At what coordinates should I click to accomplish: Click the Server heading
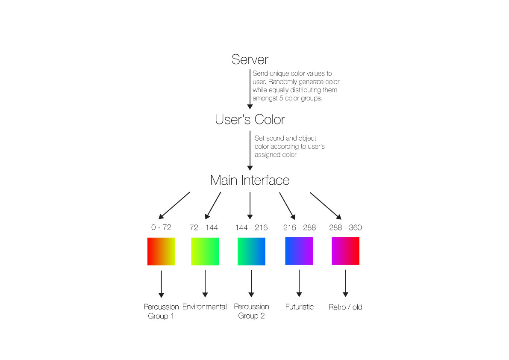click(x=250, y=59)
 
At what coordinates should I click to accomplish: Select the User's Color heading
click(x=250, y=119)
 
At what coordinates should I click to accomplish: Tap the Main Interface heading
click(x=250, y=180)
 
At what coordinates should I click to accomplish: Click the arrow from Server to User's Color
click(x=250, y=89)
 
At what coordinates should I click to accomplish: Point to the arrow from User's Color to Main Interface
click(x=250, y=150)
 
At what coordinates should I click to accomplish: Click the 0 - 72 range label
click(x=162, y=227)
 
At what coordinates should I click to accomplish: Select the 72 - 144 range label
click(x=204, y=227)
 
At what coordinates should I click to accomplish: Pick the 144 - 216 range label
click(x=251, y=227)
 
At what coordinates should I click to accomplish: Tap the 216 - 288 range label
click(x=299, y=227)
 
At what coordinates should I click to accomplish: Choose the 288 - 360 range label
click(x=345, y=227)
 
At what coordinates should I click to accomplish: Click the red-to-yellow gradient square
click(x=162, y=251)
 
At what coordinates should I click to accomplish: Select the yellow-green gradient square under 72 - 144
click(x=205, y=251)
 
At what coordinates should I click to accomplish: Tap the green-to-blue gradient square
click(x=251, y=251)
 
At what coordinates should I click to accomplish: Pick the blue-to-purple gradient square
click(x=299, y=251)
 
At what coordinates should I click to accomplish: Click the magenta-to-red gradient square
click(x=345, y=251)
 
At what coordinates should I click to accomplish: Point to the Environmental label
click(x=205, y=307)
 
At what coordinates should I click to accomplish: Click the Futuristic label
click(x=299, y=307)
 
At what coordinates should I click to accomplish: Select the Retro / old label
click(x=345, y=307)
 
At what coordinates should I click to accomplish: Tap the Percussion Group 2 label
click(x=252, y=311)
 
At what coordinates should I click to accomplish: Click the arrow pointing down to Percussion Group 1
click(x=162, y=284)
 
